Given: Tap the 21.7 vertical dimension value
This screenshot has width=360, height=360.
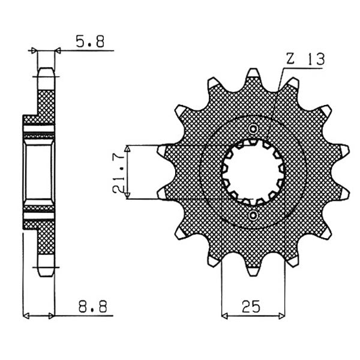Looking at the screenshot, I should click(119, 172).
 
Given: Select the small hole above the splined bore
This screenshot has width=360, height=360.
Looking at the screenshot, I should click(253, 129).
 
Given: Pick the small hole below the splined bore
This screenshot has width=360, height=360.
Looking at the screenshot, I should click(253, 214).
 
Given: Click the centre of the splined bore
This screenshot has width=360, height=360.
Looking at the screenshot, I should click(253, 172).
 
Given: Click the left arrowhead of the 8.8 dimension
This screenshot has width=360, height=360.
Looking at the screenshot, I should click(26, 314).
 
